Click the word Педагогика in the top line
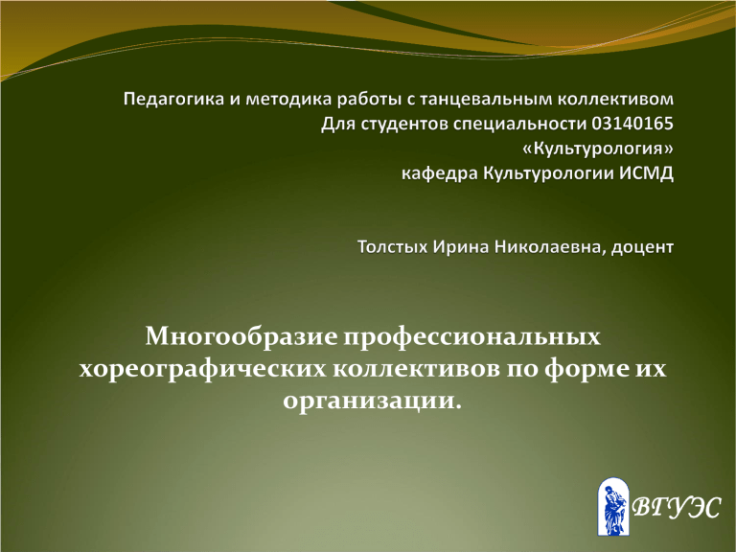tap(174, 100)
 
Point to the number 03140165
tap(632, 124)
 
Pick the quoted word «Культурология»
tap(598, 149)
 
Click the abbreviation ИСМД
tap(646, 173)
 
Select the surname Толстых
tap(392, 247)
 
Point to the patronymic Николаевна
tap(547, 247)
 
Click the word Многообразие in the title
tap(241, 337)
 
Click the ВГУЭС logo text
tap(676, 507)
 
